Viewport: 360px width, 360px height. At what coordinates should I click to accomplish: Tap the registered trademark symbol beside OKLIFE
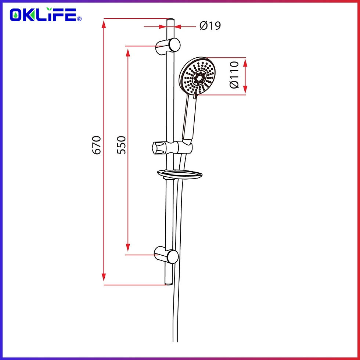[x=79, y=18]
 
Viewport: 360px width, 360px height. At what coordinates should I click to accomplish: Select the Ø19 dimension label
[x=210, y=26]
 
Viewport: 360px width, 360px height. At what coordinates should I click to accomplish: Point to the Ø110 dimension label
[x=234, y=75]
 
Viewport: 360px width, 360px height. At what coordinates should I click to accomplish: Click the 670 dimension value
[x=96, y=145]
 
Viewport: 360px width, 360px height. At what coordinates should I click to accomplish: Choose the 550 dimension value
[x=122, y=145]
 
